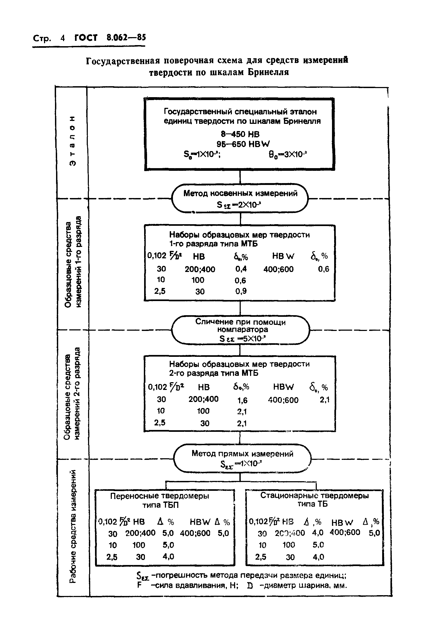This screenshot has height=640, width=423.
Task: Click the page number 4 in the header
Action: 63,38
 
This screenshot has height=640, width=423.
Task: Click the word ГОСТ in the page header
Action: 86,38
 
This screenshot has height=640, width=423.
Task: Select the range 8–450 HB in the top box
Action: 240,134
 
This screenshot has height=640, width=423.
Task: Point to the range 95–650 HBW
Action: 243,144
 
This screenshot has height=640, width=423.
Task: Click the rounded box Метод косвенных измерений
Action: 240,199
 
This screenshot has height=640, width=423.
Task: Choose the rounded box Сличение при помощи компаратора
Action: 240,330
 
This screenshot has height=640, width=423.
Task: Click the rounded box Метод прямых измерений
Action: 242,458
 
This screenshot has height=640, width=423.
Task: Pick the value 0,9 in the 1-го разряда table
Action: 241,291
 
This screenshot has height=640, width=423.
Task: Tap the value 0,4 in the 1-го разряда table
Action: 241,269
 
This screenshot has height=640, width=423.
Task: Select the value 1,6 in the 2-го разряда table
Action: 242,401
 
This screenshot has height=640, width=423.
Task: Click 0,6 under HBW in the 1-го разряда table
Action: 323,269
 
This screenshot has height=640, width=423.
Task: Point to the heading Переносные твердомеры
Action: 160,496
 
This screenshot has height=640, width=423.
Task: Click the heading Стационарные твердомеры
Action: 314,495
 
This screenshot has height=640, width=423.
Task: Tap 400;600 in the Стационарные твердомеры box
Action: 345,532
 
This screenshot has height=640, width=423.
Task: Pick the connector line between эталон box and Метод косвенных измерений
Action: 240,177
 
